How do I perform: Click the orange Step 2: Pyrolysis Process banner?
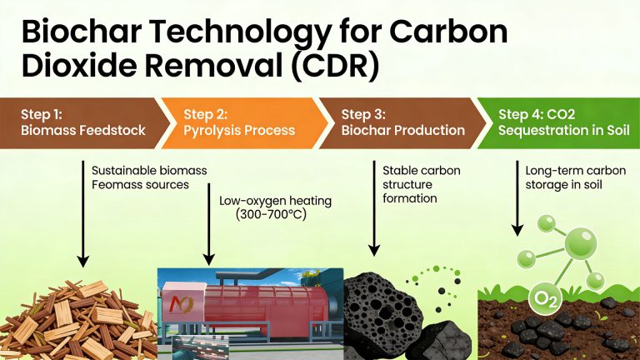(238, 122)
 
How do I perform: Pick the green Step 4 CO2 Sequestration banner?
(559, 122)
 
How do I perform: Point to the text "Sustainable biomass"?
(149, 170)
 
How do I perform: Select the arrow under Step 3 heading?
(374, 208)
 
